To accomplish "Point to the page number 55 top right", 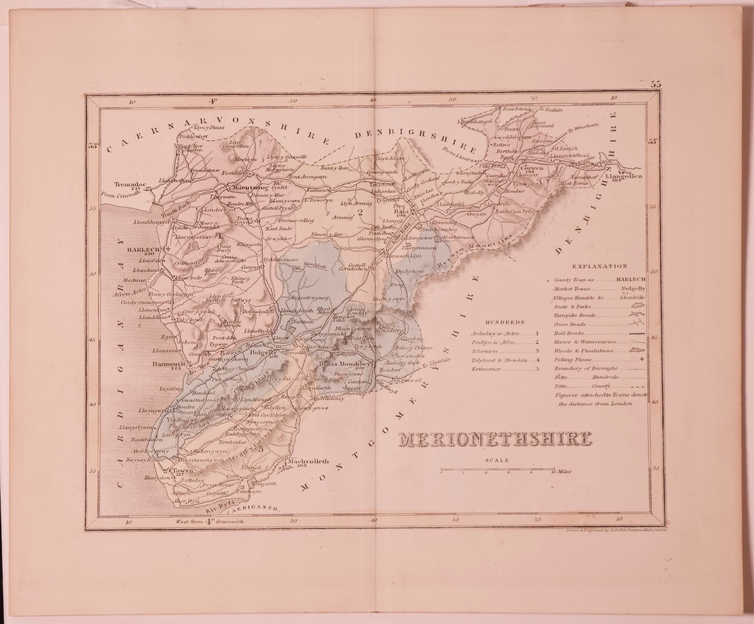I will point(656,85).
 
